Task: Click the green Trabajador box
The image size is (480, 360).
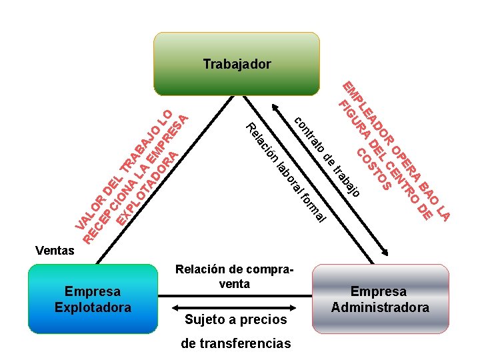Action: (237, 47)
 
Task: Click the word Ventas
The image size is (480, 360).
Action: (55, 251)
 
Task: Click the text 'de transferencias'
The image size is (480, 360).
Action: (236, 343)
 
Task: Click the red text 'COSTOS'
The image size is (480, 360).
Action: (373, 169)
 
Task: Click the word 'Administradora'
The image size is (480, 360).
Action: (380, 307)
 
